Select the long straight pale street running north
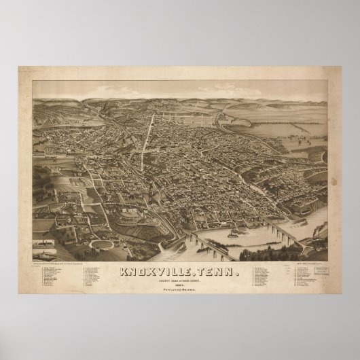pyautogui.click(x=144, y=143)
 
